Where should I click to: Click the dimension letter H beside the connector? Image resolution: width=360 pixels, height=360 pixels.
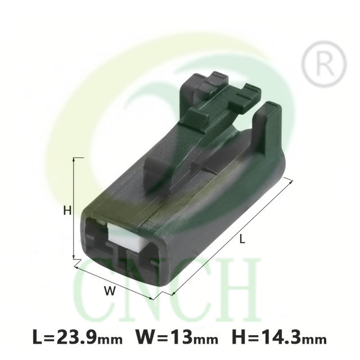pos(67,210)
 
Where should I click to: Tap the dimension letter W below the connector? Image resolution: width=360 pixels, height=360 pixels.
pos(110,291)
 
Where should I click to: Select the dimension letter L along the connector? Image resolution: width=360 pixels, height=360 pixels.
pos(242,239)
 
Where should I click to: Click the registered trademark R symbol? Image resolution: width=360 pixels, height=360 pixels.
pos(323,64)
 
